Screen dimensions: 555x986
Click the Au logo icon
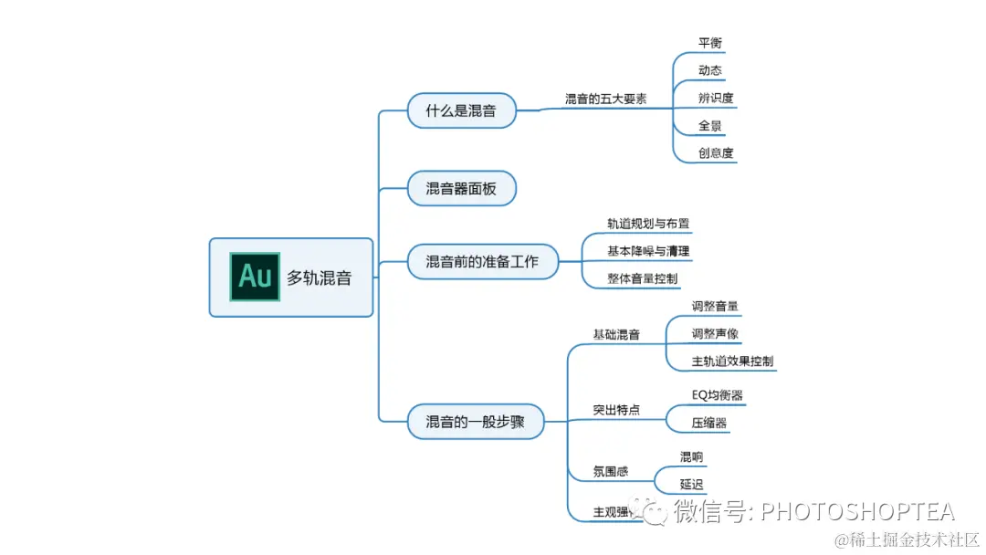(255, 277)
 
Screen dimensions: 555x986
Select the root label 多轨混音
(319, 278)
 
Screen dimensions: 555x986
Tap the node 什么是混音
(461, 111)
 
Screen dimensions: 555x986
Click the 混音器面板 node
(461, 189)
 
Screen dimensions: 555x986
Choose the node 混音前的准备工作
(482, 262)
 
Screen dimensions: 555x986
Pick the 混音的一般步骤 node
(475, 422)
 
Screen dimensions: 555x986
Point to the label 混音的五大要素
(605, 99)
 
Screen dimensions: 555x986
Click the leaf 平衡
(710, 43)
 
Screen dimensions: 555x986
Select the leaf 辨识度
(716, 98)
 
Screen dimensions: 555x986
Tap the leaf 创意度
(716, 153)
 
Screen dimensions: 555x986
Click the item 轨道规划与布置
(648, 223)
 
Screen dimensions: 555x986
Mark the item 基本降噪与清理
(648, 250)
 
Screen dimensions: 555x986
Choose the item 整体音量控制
(643, 278)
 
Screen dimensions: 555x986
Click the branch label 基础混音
(616, 335)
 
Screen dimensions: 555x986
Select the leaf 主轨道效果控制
(732, 361)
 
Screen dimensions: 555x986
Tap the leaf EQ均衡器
(717, 395)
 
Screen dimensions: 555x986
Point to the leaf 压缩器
(709, 423)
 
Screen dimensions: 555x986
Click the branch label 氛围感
(611, 472)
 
